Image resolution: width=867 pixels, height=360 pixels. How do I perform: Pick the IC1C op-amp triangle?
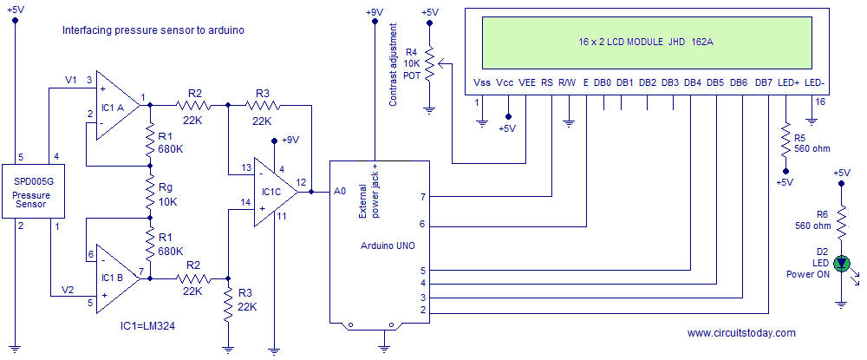tap(276, 192)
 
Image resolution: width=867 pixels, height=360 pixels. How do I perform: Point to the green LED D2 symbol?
tap(842, 264)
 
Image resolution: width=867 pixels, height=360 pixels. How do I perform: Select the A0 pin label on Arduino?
tap(340, 192)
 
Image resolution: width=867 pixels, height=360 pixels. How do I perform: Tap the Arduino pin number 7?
tap(422, 196)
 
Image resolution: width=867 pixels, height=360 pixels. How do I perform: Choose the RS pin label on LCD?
tap(546, 83)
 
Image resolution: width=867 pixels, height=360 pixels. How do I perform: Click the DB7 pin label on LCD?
tap(764, 83)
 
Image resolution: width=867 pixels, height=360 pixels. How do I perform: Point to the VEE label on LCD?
tap(526, 83)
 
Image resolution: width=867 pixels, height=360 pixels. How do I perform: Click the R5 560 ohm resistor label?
tap(812, 143)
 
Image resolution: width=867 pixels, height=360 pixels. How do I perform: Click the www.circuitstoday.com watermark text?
tap(741, 333)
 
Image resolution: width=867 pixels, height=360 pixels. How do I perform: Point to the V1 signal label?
tap(71, 80)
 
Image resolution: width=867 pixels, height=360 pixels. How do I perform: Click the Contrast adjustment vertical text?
tap(393, 64)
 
